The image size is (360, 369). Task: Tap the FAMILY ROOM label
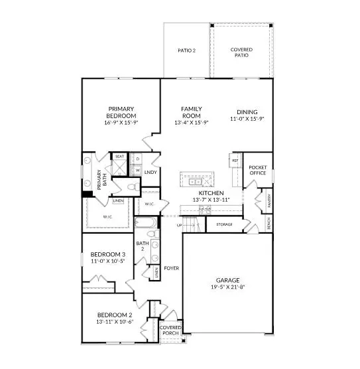[x=192, y=112]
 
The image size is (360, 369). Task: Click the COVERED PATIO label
[x=241, y=52]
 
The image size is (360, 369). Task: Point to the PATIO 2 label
[x=186, y=50]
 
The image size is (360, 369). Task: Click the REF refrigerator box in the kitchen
[x=235, y=161]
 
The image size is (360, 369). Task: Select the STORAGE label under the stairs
[x=224, y=225]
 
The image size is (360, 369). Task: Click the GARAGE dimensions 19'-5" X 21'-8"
[x=227, y=288]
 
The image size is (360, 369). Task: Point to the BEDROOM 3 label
[x=107, y=254]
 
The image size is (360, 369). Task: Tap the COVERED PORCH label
[x=170, y=330]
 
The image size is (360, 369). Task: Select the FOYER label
[x=172, y=268]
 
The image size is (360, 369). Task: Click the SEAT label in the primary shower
[x=120, y=157]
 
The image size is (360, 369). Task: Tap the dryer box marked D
[x=137, y=159]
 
